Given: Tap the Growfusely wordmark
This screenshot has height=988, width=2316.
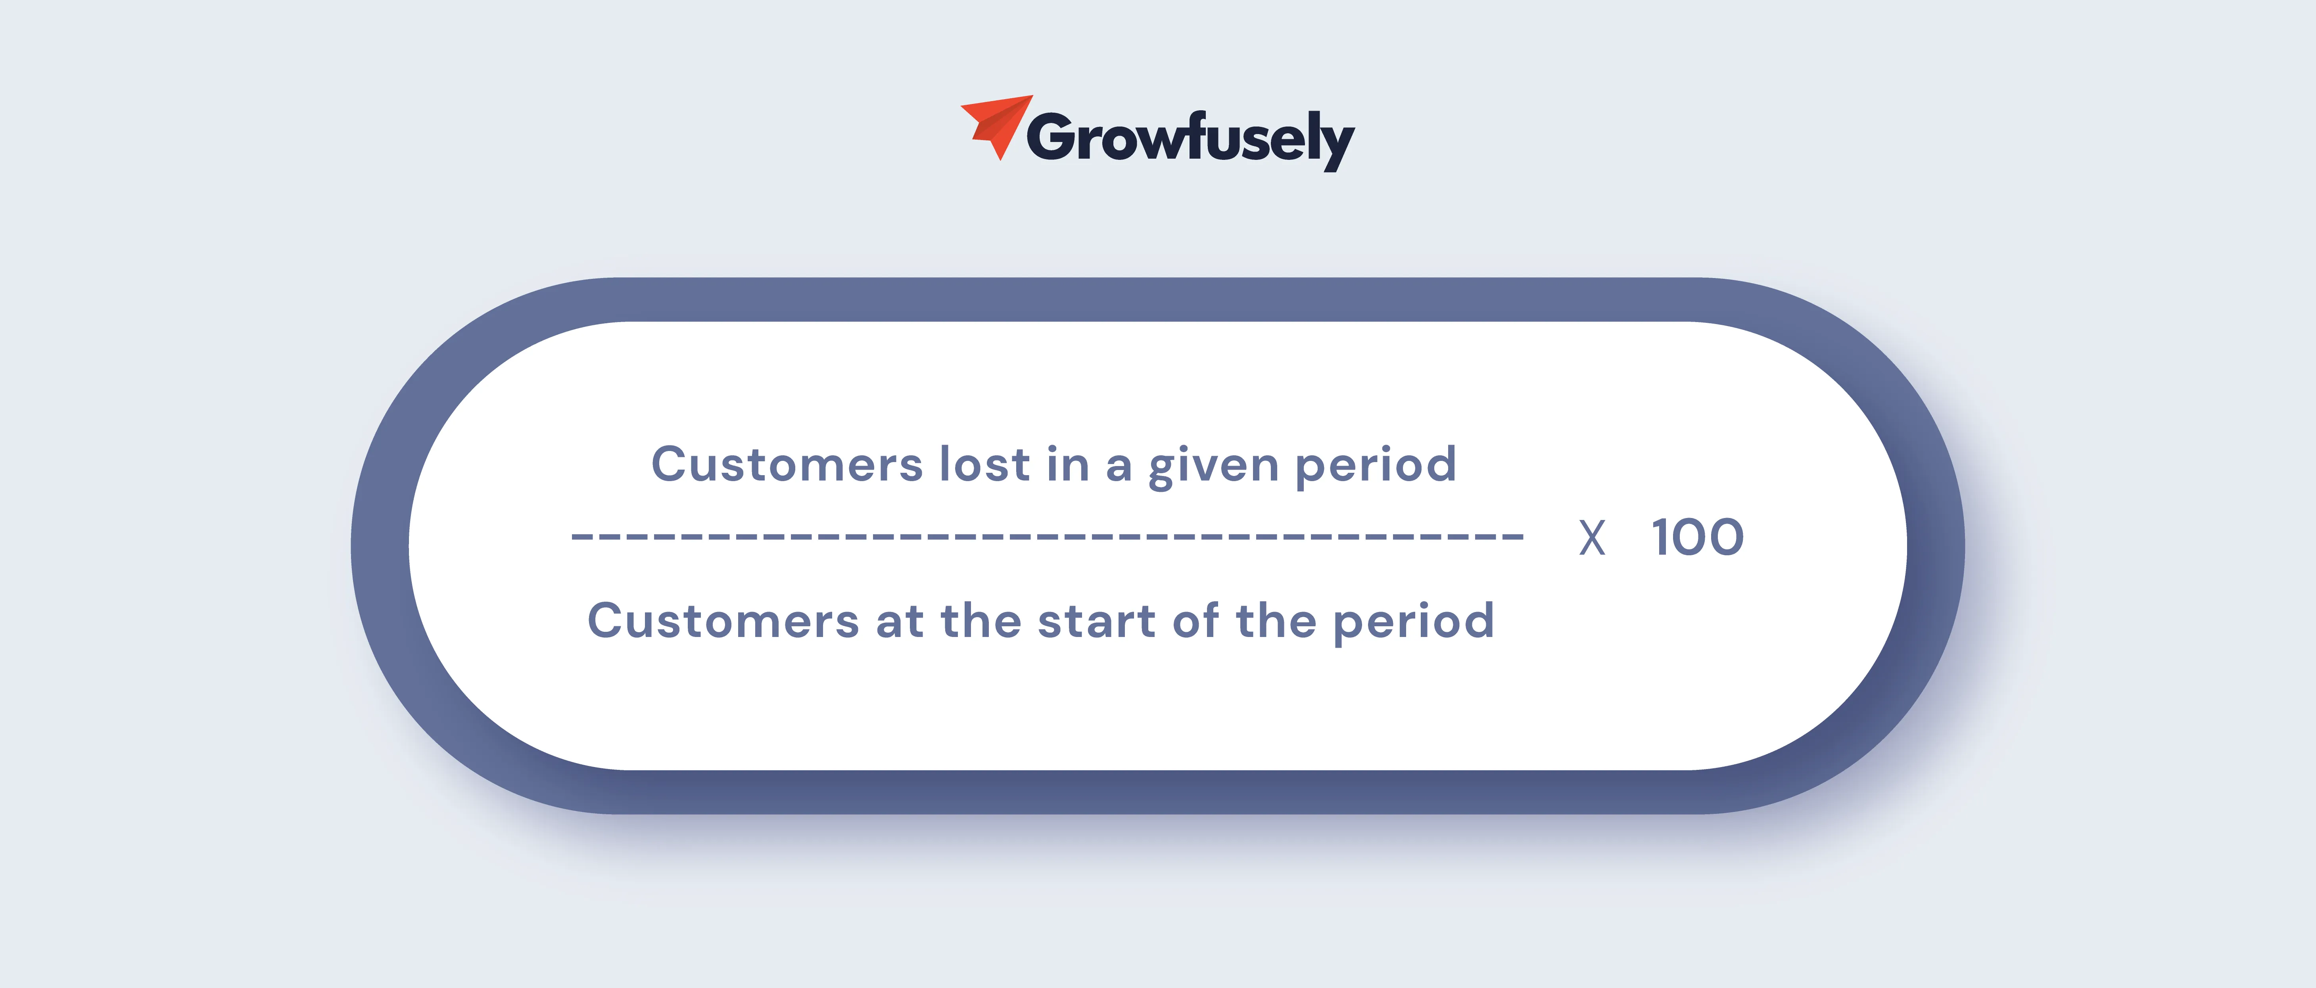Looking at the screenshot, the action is pyautogui.click(x=1190, y=139).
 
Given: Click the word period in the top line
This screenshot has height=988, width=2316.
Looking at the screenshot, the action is pyautogui.click(x=1376, y=468).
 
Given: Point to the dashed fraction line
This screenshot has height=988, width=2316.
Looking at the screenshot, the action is pyautogui.click(x=1048, y=537).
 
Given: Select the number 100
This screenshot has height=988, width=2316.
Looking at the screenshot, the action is pyautogui.click(x=1698, y=537).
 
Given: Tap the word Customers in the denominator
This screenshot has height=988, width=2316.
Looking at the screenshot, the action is pyautogui.click(x=724, y=620).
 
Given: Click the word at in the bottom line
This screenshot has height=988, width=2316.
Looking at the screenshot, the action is pyautogui.click(x=900, y=622).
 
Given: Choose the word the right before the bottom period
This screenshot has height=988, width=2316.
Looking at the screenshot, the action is pyautogui.click(x=1277, y=620).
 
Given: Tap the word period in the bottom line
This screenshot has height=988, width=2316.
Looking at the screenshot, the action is pyautogui.click(x=1414, y=624).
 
